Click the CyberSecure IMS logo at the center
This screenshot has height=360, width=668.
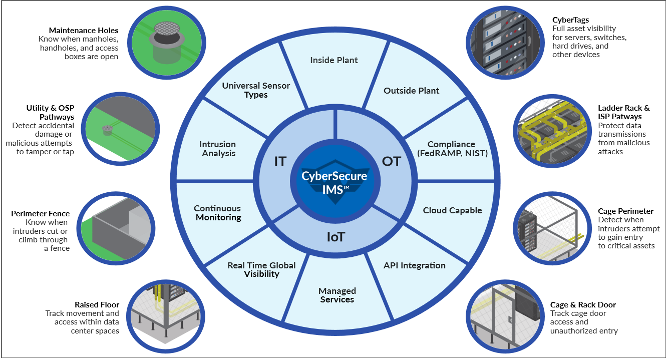pyautogui.click(x=335, y=181)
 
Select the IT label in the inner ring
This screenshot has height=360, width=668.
pyautogui.click(x=280, y=161)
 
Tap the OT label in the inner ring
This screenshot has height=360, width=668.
pyautogui.click(x=391, y=161)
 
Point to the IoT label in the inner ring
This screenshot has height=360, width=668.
pyautogui.click(x=336, y=237)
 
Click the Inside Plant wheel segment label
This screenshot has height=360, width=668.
pyautogui.click(x=333, y=60)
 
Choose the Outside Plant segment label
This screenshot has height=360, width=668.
pyautogui.click(x=411, y=91)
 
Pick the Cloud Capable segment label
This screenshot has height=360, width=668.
pyautogui.click(x=452, y=210)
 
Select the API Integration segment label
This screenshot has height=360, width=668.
pyautogui.click(x=415, y=265)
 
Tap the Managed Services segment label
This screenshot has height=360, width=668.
pyautogui.click(x=337, y=295)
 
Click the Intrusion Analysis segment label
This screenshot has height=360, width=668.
pyautogui.click(x=218, y=149)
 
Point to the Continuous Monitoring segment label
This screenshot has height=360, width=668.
pyautogui.click(x=218, y=213)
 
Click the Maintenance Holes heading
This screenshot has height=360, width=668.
pyautogui.click(x=84, y=31)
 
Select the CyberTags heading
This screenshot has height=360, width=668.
pyautogui.click(x=570, y=20)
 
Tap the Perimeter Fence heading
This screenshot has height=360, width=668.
pyautogui.click(x=40, y=214)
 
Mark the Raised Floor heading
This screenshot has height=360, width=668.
pyautogui.click(x=97, y=305)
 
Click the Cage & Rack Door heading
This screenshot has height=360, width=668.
pyautogui.click(x=583, y=305)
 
